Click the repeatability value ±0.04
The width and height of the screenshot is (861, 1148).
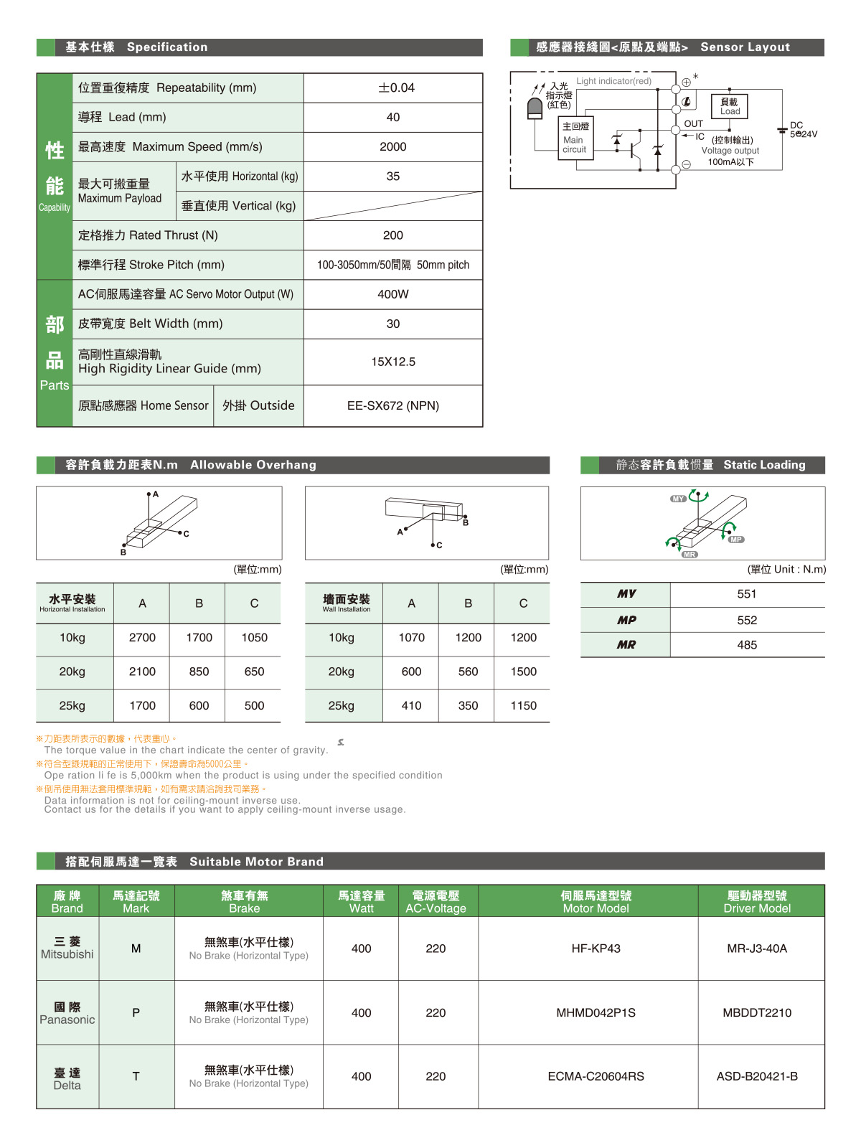[x=393, y=88]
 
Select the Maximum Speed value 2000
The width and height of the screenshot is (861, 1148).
[x=393, y=146]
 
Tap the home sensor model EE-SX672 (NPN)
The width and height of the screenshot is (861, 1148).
[x=393, y=405]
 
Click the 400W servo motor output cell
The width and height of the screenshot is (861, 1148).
[x=393, y=294]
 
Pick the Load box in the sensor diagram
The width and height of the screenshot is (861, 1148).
[x=730, y=106]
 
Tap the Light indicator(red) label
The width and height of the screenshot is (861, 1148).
[x=614, y=81]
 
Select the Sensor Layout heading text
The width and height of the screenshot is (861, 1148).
[x=745, y=47]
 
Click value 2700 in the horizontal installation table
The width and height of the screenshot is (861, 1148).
[x=142, y=637]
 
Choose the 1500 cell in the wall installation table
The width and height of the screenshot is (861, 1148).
[x=523, y=672]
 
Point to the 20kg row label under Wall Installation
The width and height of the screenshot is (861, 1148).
[x=342, y=672]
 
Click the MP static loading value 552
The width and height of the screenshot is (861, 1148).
[x=747, y=620]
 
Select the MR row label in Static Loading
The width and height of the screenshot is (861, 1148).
[x=626, y=644]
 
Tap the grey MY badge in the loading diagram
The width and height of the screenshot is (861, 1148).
[x=678, y=499]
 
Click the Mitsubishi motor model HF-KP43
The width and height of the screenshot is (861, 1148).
[x=596, y=948]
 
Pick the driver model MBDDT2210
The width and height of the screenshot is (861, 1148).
[x=757, y=1012]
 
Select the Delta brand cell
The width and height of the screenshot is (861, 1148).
[x=67, y=1078]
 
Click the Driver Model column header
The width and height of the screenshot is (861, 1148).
[x=757, y=901]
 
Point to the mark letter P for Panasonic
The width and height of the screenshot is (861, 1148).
[x=136, y=1012]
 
